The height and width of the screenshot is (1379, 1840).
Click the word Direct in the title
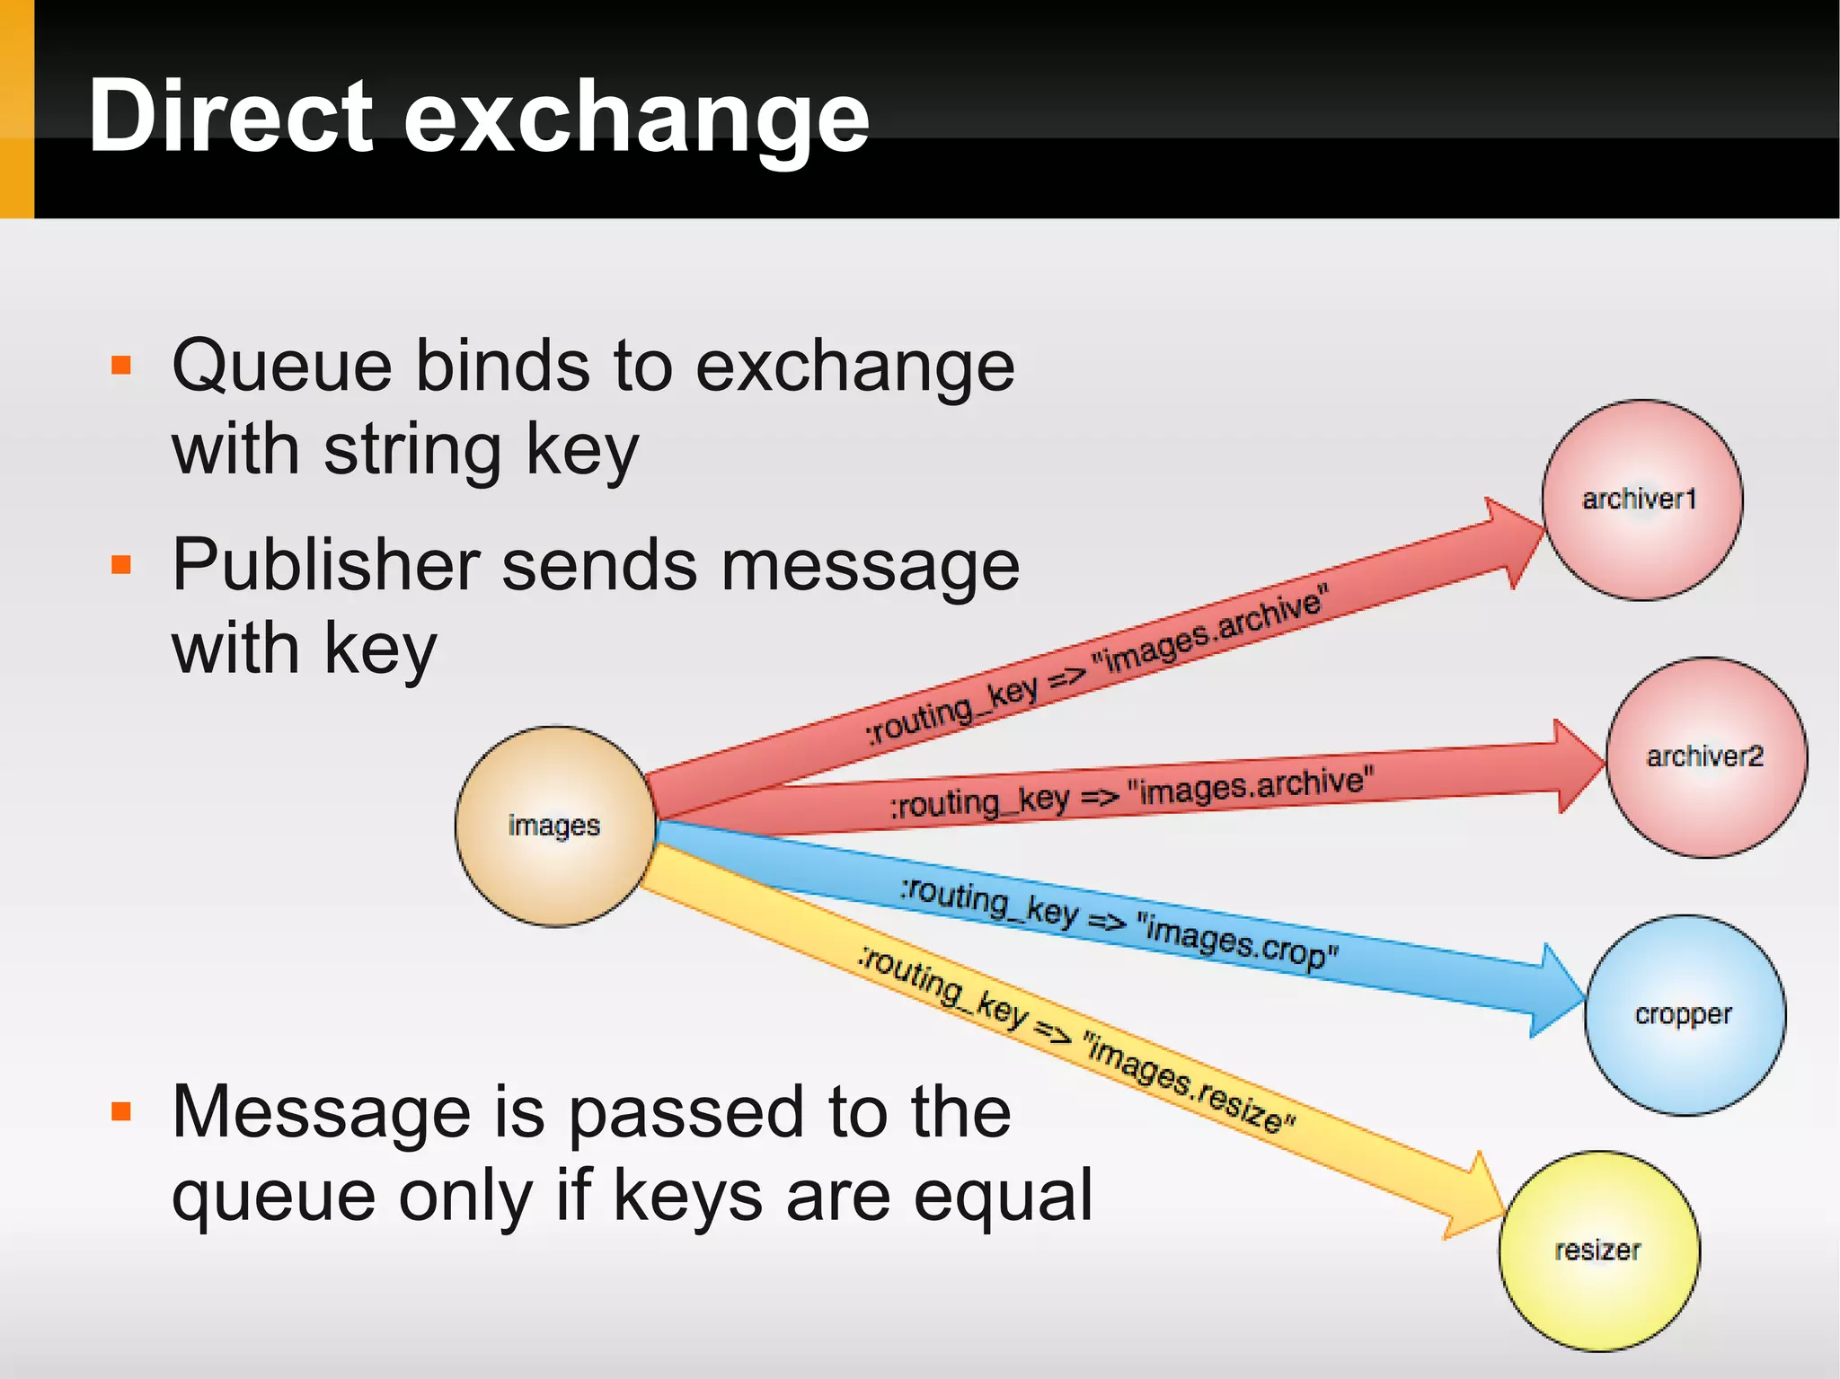click(x=229, y=117)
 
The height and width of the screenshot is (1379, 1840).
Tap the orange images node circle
click(x=554, y=826)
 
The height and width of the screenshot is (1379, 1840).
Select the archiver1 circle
click(x=1641, y=499)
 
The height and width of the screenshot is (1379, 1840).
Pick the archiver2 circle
click(x=1705, y=756)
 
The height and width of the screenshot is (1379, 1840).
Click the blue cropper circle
click(x=1684, y=1014)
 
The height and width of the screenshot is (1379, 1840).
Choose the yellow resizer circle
click(x=1598, y=1250)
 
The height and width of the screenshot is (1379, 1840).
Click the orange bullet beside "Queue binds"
click(x=121, y=366)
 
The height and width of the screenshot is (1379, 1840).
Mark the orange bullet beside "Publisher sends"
click(x=121, y=565)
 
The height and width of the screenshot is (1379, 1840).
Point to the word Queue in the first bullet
click(x=282, y=367)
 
